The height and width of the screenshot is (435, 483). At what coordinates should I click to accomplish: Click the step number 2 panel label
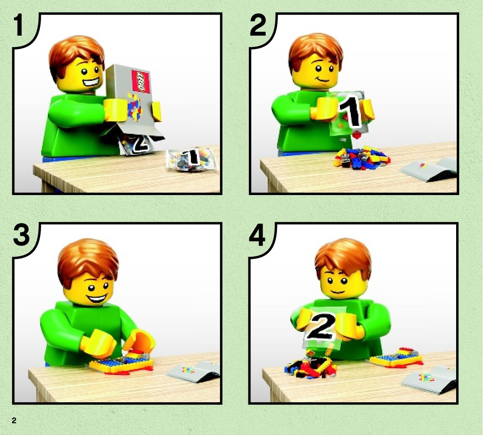(258, 26)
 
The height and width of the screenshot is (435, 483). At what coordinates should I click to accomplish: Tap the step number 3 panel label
(21, 235)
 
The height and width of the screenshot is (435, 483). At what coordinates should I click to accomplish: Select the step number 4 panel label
(257, 235)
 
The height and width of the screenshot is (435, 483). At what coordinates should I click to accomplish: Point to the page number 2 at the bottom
(14, 420)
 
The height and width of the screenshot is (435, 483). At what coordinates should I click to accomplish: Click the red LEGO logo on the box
(140, 81)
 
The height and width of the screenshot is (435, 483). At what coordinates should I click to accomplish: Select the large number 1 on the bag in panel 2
(350, 112)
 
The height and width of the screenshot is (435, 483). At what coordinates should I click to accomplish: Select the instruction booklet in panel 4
(429, 380)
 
